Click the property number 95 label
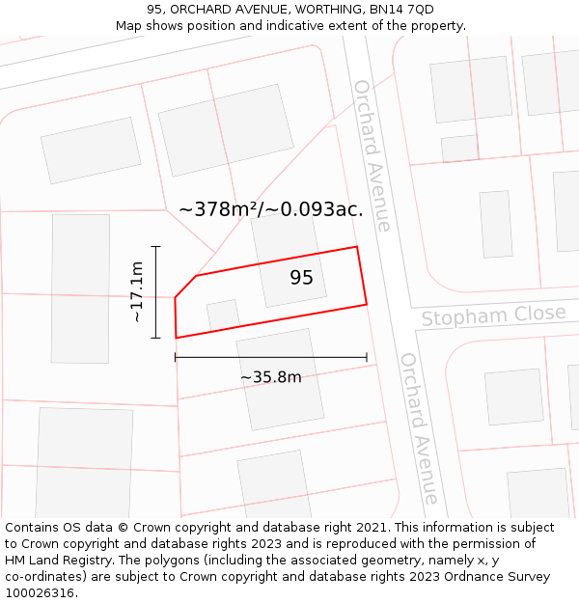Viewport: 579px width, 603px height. coord(301,278)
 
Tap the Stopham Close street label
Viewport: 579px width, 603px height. coord(493,315)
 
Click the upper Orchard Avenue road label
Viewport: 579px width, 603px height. coord(372,155)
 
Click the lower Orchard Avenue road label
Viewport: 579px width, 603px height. coord(419,427)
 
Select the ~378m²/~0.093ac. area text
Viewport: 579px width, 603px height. coord(270,209)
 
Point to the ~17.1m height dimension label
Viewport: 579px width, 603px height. coord(137,291)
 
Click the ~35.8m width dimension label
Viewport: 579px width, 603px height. coord(270,377)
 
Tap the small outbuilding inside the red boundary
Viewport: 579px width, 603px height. coord(224,315)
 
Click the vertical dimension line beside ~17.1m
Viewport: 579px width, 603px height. coord(156,291)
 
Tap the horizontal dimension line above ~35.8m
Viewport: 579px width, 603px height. coord(270,357)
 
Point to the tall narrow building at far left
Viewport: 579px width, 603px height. coord(80,288)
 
